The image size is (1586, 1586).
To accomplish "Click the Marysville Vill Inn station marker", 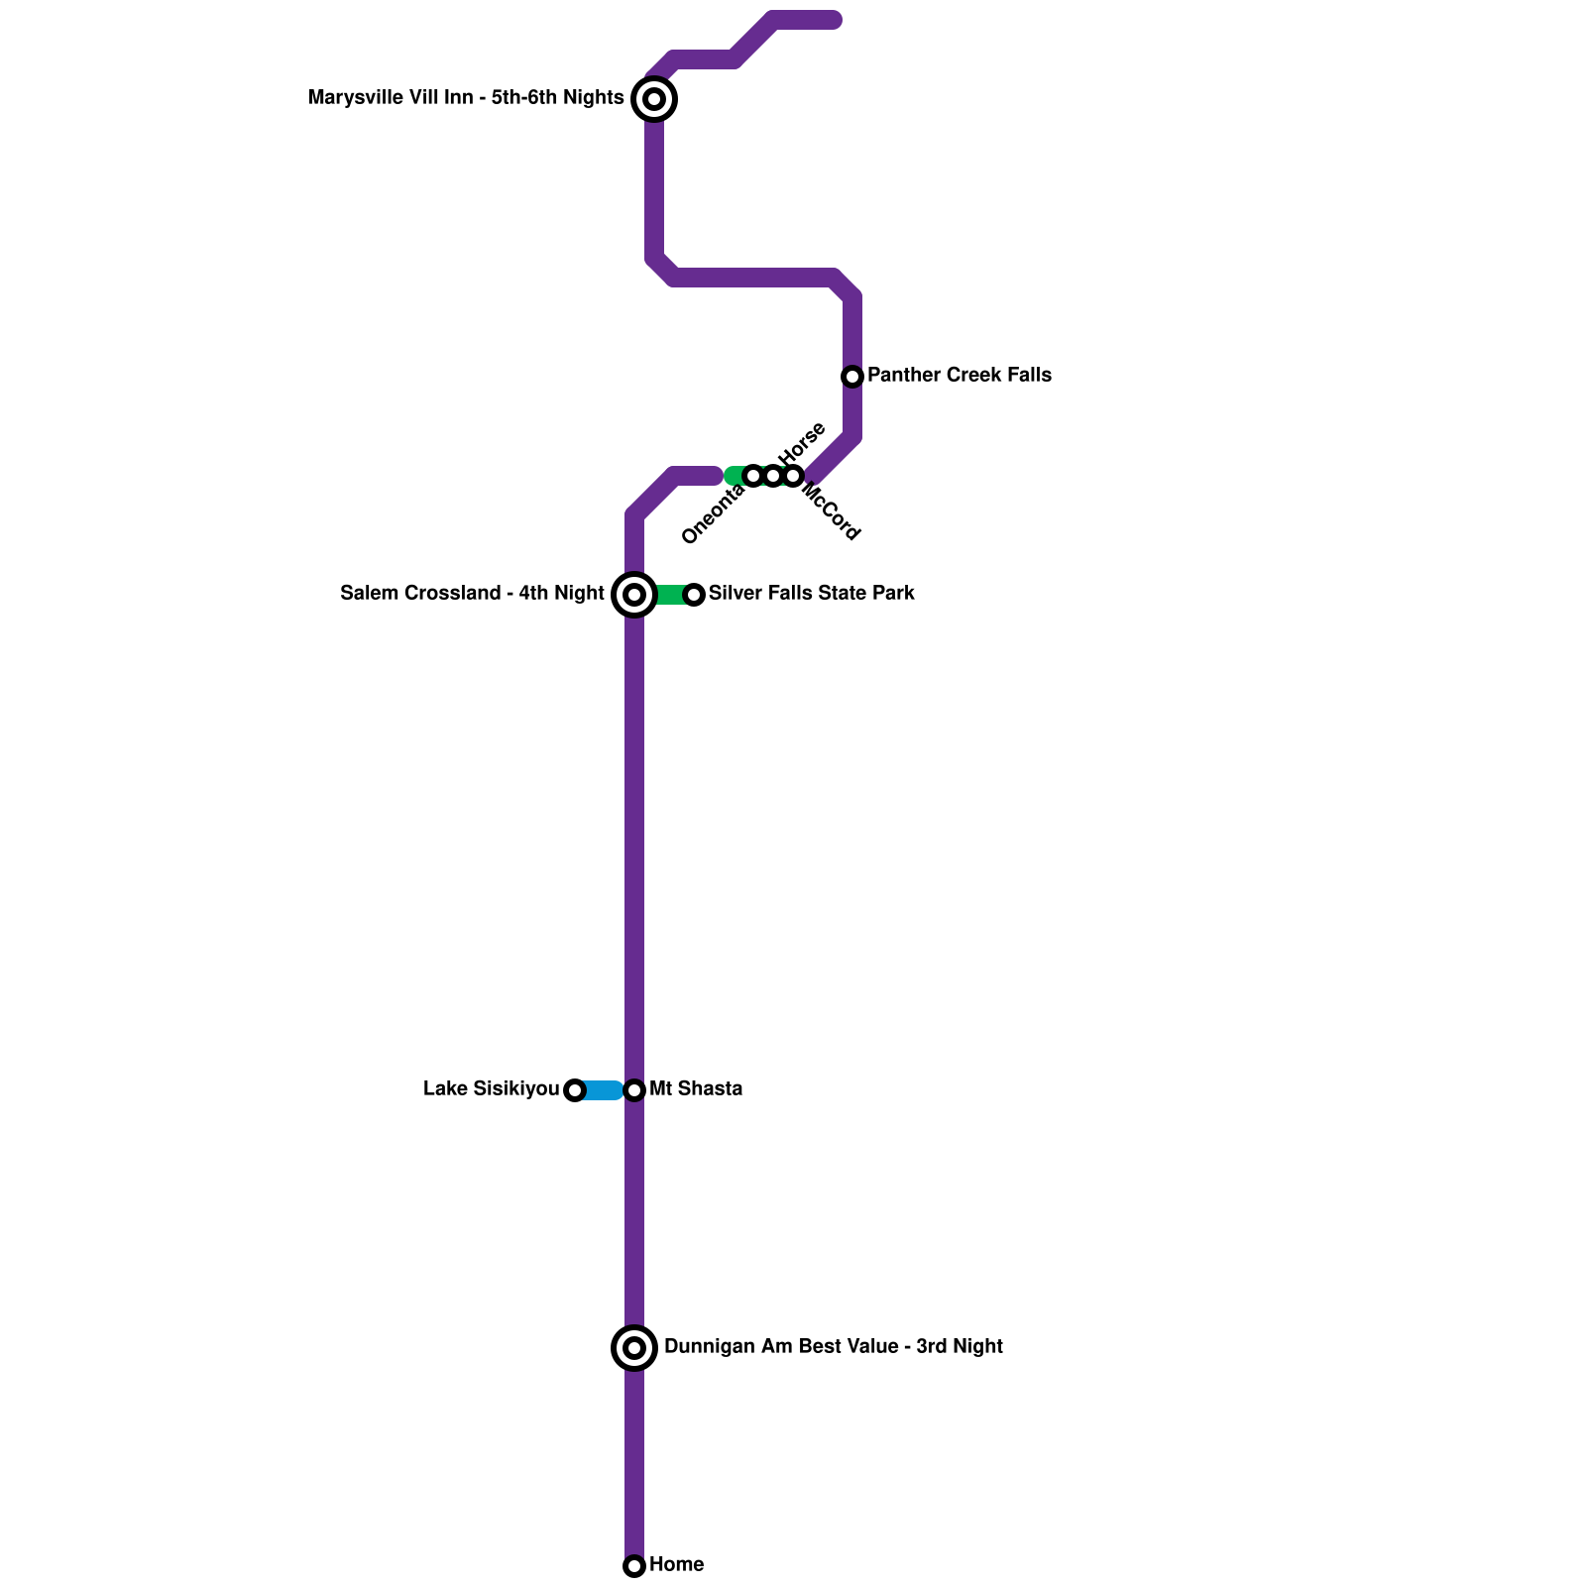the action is pos(654,99).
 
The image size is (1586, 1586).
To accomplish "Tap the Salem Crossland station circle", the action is pos(634,595).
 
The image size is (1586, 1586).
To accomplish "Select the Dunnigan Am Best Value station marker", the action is pos(634,1348).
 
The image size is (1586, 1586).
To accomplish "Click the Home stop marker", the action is pos(634,1566).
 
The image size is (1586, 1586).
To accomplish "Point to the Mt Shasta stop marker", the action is pos(634,1090).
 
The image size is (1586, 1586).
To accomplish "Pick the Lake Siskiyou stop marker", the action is pos(575,1090).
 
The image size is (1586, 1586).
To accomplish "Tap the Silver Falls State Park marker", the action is pos(694,595).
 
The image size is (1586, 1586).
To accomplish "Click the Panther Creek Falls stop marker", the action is pos(852,377).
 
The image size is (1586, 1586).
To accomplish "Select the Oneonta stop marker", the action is pos(753,476).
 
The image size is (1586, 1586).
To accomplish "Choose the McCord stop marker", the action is pos(793,476).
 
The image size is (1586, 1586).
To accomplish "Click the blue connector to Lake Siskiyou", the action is pos(602,1090).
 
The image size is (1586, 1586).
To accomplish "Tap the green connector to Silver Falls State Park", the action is pos(669,595).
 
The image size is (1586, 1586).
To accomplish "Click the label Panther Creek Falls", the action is pos(959,376).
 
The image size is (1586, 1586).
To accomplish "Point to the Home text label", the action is pos(676,1565).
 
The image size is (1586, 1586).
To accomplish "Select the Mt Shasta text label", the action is pos(695,1089).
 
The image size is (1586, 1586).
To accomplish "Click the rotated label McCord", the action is pos(831,511).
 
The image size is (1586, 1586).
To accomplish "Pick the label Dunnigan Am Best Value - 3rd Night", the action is pos(833,1347).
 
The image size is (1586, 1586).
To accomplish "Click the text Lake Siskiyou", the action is pos(491,1089).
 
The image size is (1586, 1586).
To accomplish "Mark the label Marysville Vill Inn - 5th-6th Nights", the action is pos(466,98).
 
